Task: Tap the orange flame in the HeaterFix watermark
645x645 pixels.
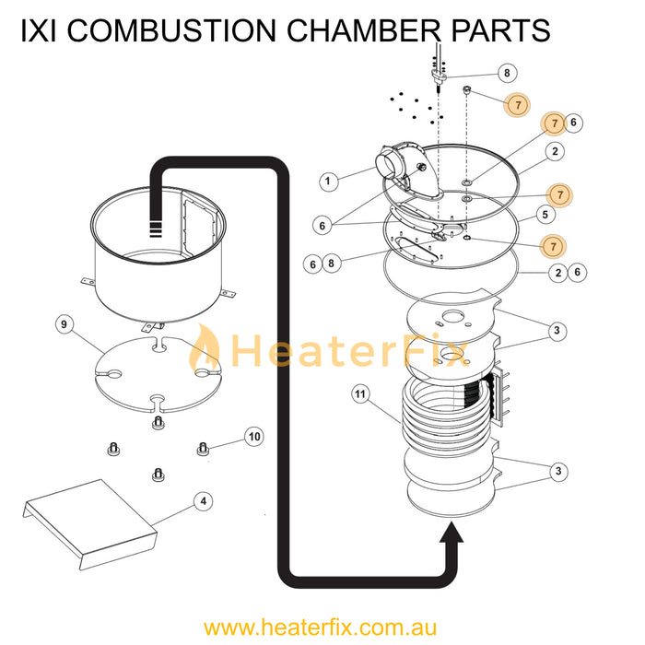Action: [205, 351]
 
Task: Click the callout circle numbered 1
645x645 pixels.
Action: [328, 182]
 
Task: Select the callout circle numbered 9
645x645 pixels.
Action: [64, 324]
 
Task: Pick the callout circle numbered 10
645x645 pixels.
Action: [255, 435]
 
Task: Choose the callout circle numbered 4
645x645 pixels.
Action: [204, 501]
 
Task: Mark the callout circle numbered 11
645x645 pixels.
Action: [360, 395]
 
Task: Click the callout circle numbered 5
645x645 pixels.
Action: [545, 214]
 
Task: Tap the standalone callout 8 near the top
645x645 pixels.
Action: [506, 73]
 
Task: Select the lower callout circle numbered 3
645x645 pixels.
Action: [557, 472]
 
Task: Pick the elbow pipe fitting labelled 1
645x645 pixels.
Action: [393, 168]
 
